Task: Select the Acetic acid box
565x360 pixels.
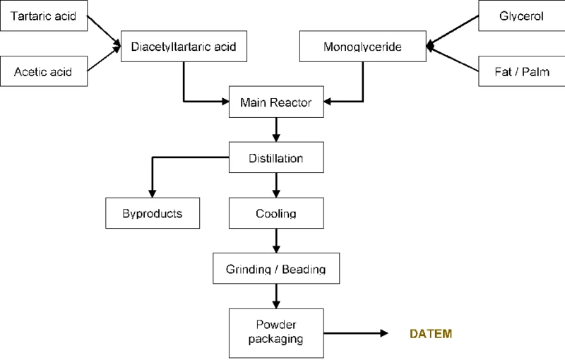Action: pos(44,71)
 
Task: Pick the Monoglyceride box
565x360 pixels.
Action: pos(362,47)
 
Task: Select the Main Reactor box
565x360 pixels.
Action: pos(275,102)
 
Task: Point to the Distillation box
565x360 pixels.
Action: pos(275,158)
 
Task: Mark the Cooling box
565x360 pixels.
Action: pos(275,212)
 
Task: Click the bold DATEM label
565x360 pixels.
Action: pos(432,332)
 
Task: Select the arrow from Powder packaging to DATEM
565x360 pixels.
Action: pos(357,332)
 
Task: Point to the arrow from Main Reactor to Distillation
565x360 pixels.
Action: pos(275,129)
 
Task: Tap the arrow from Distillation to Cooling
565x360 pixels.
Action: pos(275,185)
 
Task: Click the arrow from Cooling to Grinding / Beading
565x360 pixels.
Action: pos(275,240)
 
